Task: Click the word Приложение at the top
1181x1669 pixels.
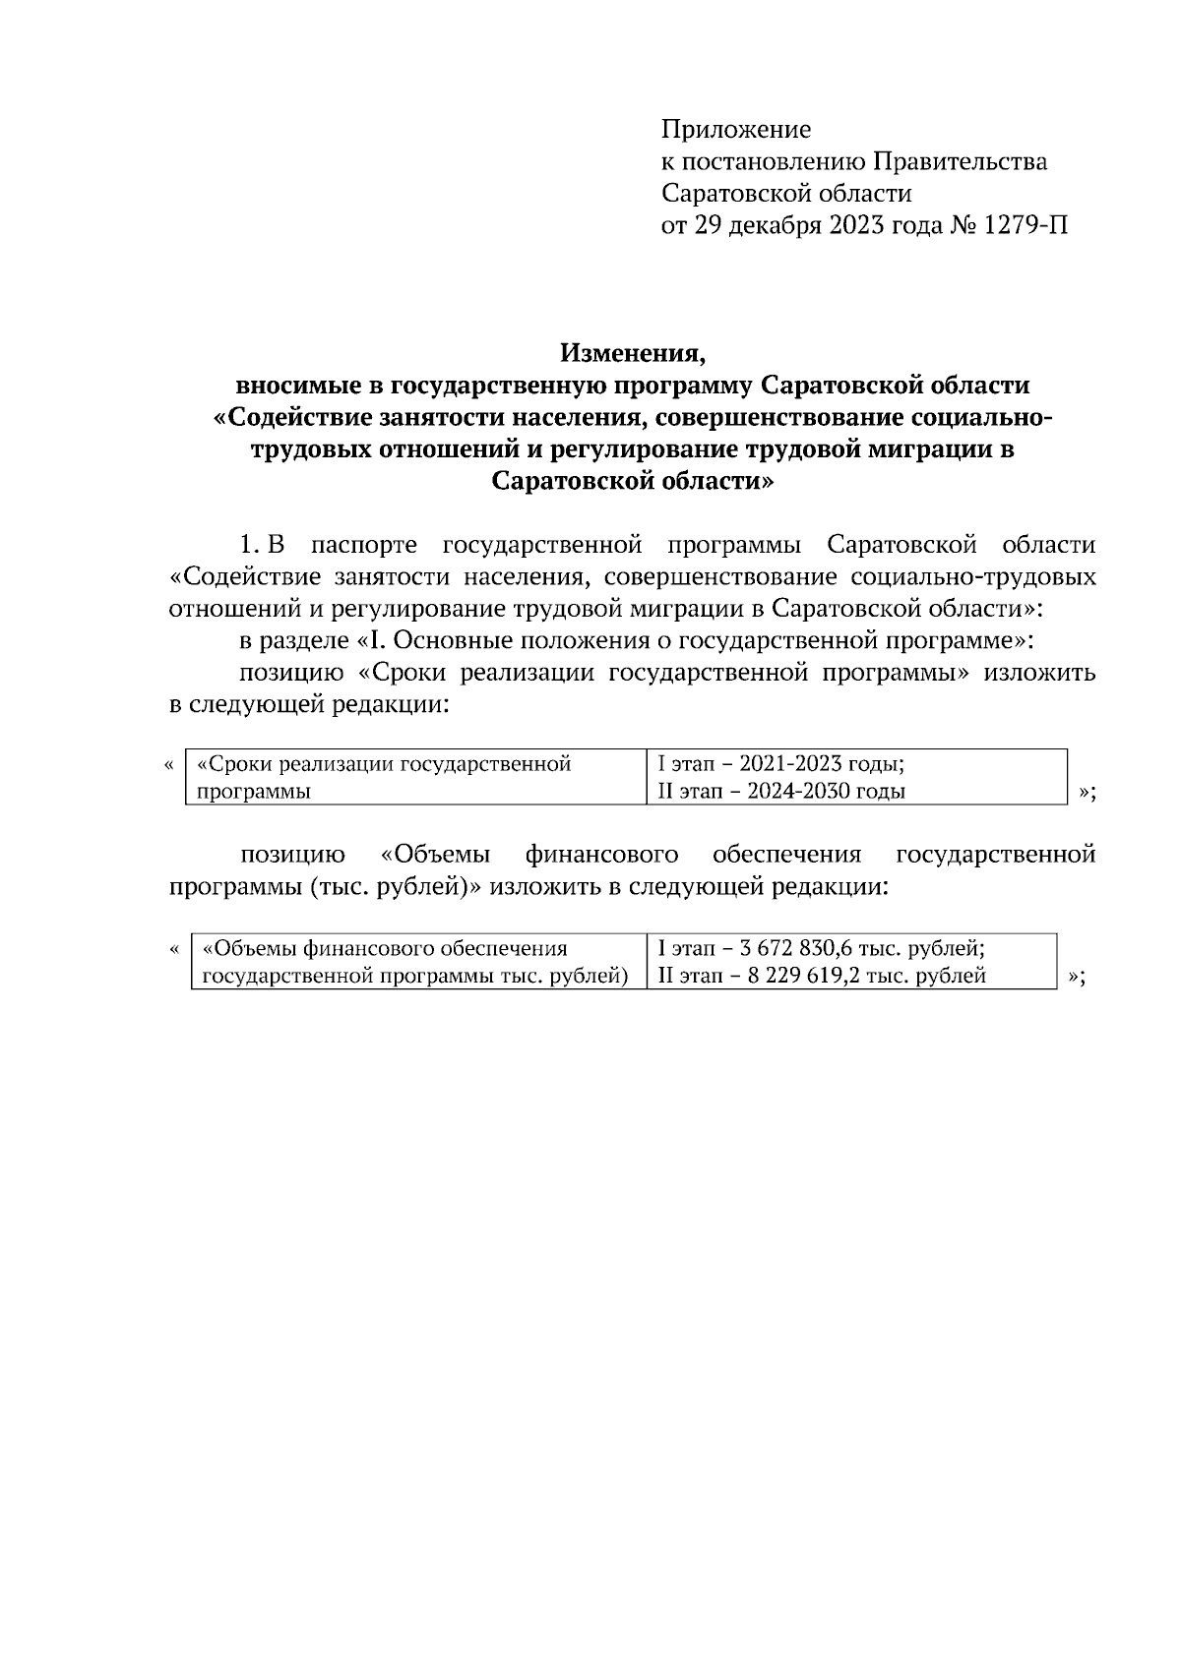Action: point(735,130)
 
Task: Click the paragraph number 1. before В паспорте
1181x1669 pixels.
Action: point(250,545)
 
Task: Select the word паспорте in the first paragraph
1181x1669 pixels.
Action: point(363,545)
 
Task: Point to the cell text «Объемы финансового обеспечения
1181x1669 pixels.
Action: point(385,948)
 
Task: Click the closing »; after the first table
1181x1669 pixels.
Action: point(1087,793)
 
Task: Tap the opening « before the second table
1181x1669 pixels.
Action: point(174,949)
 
